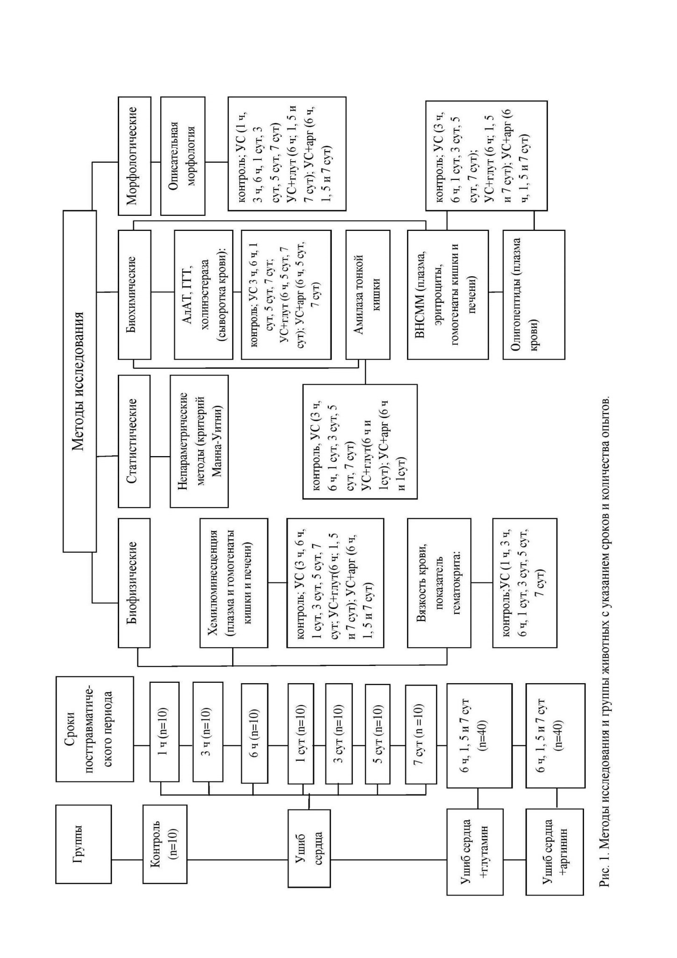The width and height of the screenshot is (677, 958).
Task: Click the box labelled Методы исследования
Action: (x=79, y=381)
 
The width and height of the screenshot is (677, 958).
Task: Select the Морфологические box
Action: (x=135, y=156)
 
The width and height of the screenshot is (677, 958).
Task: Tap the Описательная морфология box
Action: (x=183, y=156)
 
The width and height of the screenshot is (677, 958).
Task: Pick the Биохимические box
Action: (x=135, y=294)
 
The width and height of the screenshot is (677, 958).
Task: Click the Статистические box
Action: (x=135, y=441)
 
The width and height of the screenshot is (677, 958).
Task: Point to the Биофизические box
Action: (x=135, y=582)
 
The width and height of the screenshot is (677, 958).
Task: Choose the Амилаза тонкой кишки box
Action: (x=368, y=294)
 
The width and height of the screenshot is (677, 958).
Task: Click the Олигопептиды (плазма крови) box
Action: (x=534, y=294)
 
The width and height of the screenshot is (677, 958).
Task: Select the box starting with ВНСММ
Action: (x=448, y=294)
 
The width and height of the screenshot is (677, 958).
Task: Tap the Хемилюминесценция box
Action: (x=234, y=582)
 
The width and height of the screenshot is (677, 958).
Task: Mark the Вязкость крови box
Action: (x=439, y=582)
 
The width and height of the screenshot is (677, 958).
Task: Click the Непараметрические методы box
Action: (x=200, y=441)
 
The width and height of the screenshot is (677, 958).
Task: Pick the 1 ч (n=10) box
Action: (x=164, y=732)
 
